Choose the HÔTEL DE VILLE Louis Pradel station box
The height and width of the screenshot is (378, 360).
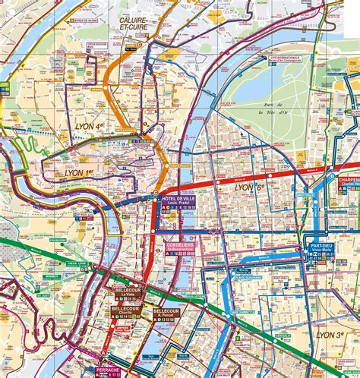coord(178,202)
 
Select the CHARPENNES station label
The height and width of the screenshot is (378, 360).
coord(349,181)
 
